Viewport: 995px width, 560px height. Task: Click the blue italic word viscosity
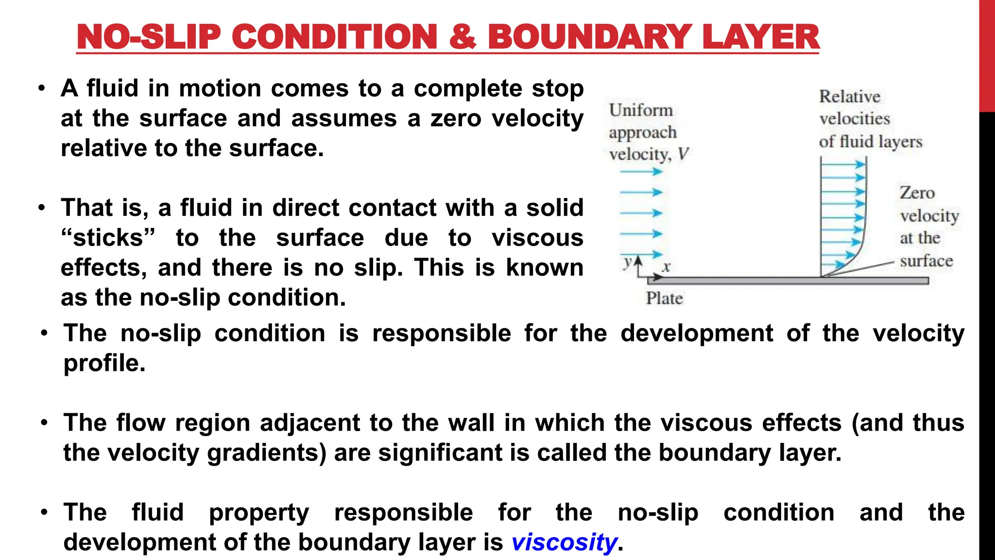[x=564, y=542]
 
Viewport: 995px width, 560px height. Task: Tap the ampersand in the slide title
[x=462, y=37]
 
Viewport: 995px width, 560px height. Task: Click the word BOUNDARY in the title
[x=589, y=37]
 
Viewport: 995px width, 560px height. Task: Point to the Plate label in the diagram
[x=664, y=298]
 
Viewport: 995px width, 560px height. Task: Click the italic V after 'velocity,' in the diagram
[x=683, y=155]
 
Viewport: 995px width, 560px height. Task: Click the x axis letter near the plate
[x=667, y=266]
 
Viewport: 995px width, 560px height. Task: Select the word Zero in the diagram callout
[x=917, y=193]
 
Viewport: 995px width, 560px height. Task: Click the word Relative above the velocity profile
[x=849, y=96]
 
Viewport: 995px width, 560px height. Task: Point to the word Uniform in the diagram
[x=641, y=110]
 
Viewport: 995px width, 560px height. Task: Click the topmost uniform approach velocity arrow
[x=641, y=171]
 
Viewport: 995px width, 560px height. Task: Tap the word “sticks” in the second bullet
[x=108, y=238]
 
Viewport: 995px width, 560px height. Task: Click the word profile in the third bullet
[x=104, y=363]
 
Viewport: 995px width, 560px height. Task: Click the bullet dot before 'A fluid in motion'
[x=42, y=88]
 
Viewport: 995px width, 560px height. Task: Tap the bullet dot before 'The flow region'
[x=44, y=422]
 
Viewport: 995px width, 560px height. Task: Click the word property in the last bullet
[x=259, y=513]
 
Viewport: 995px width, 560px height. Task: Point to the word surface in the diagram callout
[x=926, y=261]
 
